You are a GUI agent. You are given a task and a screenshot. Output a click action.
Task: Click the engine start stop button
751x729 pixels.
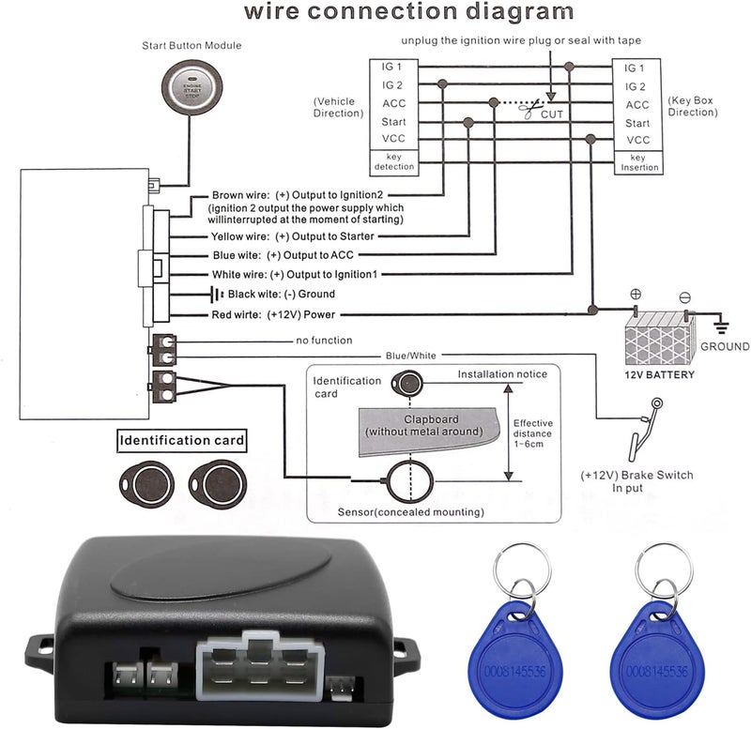192,88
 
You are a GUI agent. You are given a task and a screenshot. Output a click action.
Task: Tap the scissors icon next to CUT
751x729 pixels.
529,110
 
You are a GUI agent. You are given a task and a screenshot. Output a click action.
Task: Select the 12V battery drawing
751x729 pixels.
660,338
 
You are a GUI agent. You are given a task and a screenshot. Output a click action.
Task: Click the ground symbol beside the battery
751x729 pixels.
721,327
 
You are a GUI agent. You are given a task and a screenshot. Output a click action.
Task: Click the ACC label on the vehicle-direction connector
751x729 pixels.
393,103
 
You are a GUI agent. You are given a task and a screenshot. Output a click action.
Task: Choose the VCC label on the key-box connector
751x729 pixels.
638,140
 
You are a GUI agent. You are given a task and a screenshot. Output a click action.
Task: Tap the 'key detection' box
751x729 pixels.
394,162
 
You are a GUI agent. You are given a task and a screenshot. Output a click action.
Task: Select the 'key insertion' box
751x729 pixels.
639,162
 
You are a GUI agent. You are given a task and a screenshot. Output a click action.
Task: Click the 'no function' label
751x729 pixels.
324,341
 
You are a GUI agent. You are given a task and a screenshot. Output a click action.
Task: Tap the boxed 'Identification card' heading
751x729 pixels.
182,440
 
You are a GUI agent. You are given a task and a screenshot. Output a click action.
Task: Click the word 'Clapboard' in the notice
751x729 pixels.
431,419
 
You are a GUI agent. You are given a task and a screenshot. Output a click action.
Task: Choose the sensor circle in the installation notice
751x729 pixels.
410,481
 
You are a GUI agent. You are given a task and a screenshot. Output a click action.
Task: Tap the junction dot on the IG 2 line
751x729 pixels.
442,84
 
